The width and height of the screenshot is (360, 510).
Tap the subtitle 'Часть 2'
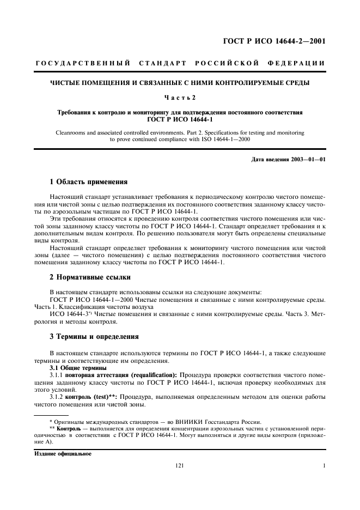point(180,98)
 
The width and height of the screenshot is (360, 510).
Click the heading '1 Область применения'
point(88,182)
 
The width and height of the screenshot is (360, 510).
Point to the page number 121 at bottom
point(180,466)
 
